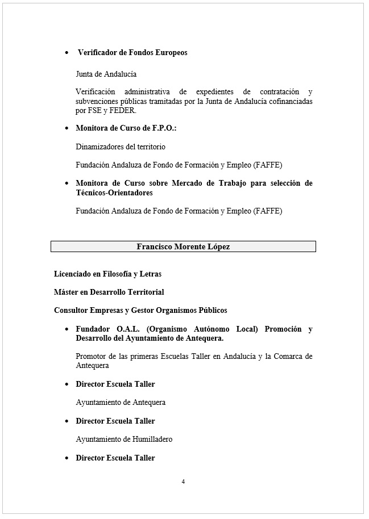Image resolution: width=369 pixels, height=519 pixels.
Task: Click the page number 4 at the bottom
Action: point(183,482)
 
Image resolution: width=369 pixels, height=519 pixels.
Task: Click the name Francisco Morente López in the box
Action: point(183,246)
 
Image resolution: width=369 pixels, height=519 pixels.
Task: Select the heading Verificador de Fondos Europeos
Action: point(132,53)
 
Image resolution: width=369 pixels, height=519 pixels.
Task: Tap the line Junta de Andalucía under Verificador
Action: point(106,74)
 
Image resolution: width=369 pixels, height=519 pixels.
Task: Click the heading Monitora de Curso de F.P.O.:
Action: point(126,128)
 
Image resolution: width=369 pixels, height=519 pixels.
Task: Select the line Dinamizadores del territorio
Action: point(121,147)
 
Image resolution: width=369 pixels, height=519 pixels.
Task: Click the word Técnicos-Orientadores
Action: point(114,193)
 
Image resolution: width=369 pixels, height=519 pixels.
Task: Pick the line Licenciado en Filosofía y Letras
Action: point(107,274)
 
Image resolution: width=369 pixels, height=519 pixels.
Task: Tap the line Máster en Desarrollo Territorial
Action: point(109,292)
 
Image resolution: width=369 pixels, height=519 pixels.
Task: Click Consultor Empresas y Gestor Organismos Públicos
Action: point(140,310)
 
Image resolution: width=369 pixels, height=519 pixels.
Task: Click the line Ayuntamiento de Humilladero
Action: point(124,439)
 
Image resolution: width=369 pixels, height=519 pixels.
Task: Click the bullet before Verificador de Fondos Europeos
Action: point(67,53)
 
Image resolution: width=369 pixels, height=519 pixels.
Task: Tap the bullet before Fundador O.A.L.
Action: point(68,329)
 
